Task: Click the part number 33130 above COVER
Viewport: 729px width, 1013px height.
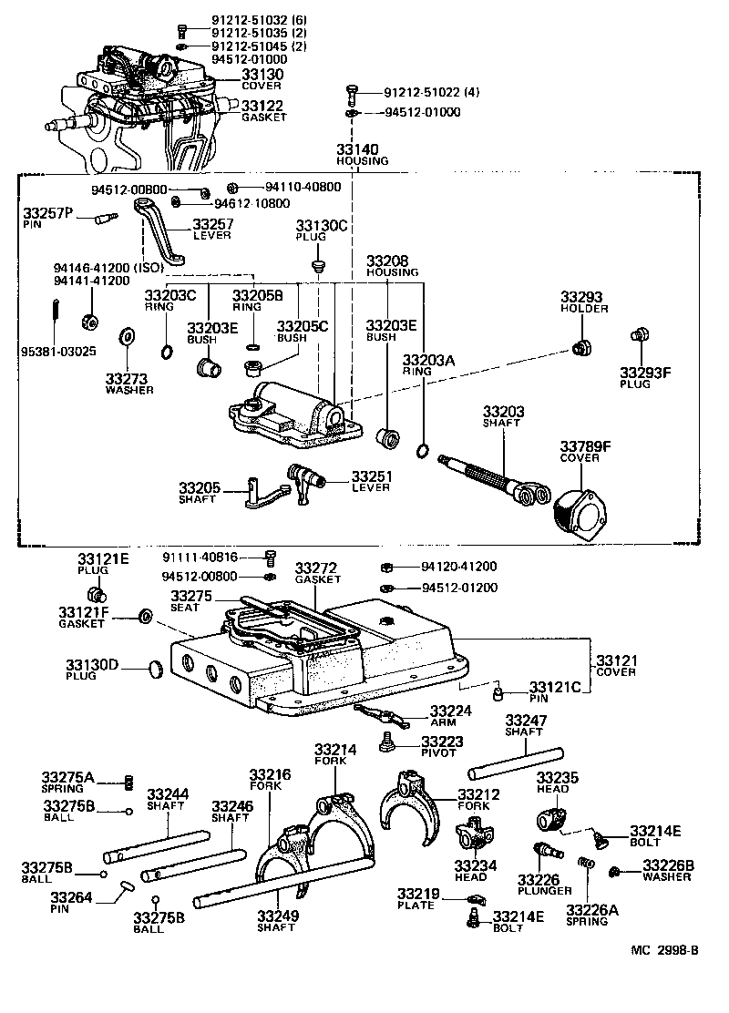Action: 262,74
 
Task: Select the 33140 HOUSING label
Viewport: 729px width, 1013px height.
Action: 362,150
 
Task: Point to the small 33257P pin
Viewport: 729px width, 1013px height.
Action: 105,218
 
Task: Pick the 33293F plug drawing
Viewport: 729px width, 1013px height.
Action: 639,336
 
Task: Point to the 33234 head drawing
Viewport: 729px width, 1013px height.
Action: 476,833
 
